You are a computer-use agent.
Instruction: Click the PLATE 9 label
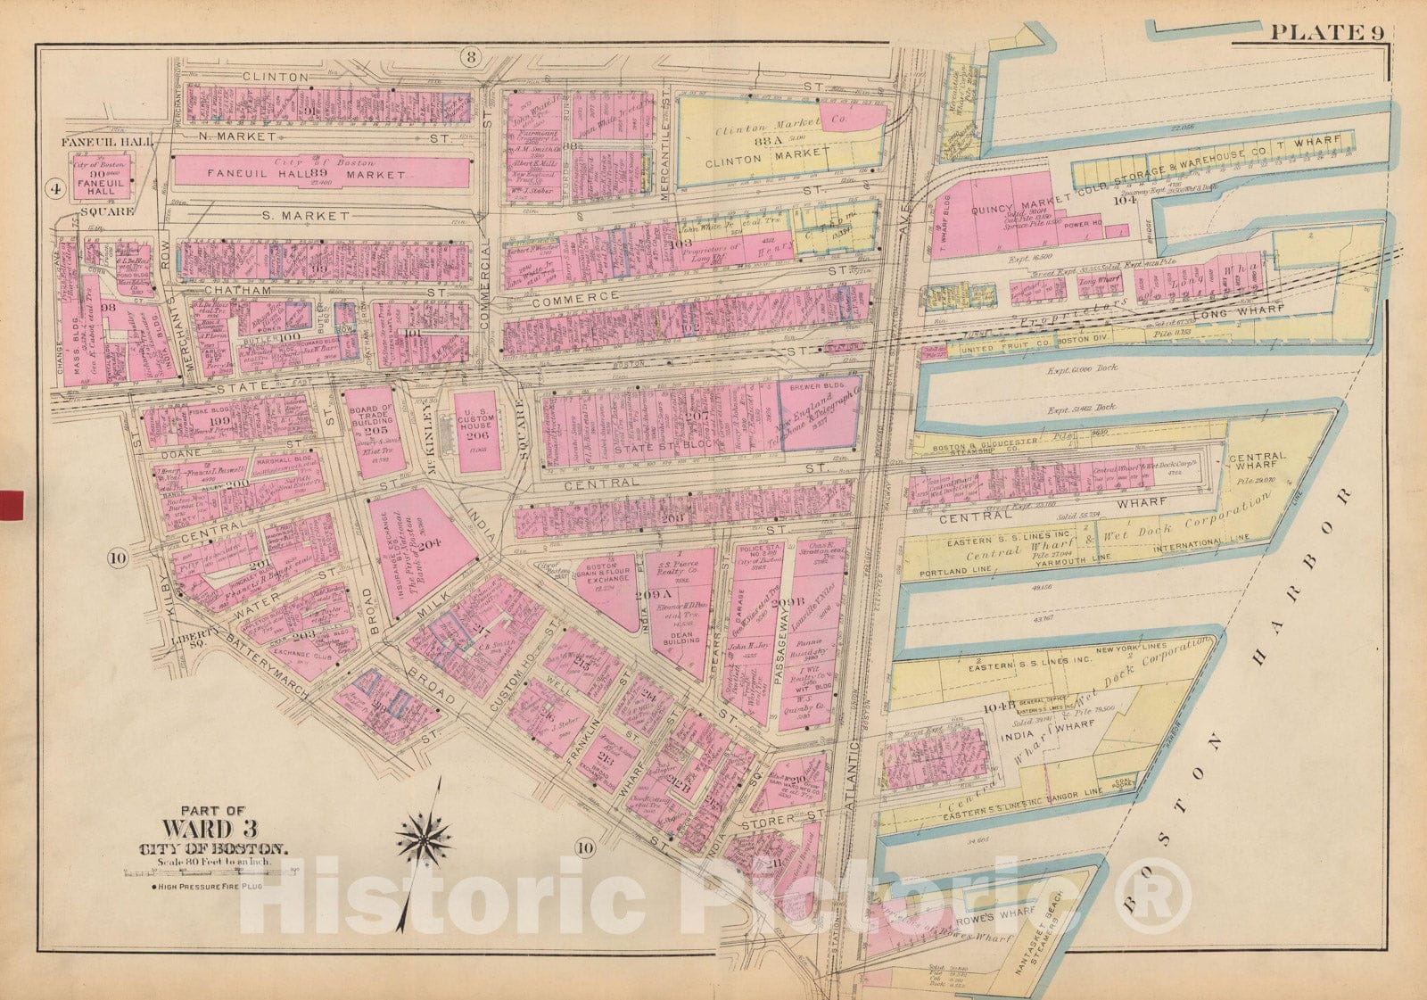point(1326,33)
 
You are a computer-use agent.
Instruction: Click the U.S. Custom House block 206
point(477,434)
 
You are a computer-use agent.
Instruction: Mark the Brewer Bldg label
point(818,388)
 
